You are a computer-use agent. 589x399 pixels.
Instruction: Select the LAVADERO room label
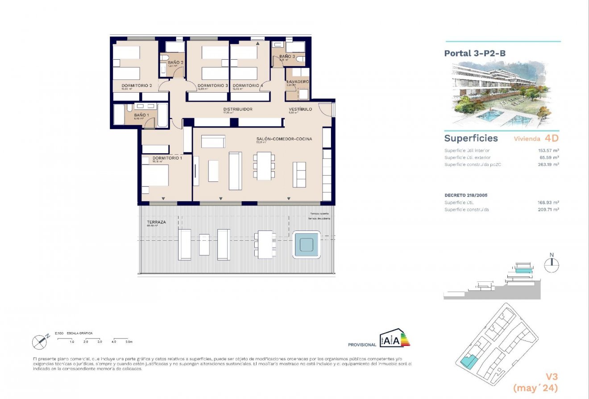point(298,82)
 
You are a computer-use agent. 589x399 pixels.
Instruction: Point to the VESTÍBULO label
point(300,109)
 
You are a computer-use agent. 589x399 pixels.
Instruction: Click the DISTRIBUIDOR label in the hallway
point(238,109)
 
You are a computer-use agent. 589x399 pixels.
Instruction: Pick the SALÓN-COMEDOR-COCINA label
point(284,139)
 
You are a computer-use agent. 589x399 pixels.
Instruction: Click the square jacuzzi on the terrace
point(307,244)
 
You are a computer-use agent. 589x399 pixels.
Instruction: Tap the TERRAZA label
point(156,222)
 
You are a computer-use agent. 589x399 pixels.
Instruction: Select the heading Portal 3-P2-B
point(475,53)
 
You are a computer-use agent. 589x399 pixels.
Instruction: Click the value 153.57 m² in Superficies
point(548,151)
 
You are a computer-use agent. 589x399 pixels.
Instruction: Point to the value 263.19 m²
point(548,165)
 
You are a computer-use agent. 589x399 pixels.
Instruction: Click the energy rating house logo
point(394,339)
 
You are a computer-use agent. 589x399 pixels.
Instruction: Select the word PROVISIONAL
point(362,345)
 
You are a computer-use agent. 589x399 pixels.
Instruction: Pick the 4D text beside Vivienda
point(552,138)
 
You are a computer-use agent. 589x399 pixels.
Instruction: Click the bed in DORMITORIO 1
point(155,175)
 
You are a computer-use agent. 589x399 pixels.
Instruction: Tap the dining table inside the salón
point(264,166)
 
